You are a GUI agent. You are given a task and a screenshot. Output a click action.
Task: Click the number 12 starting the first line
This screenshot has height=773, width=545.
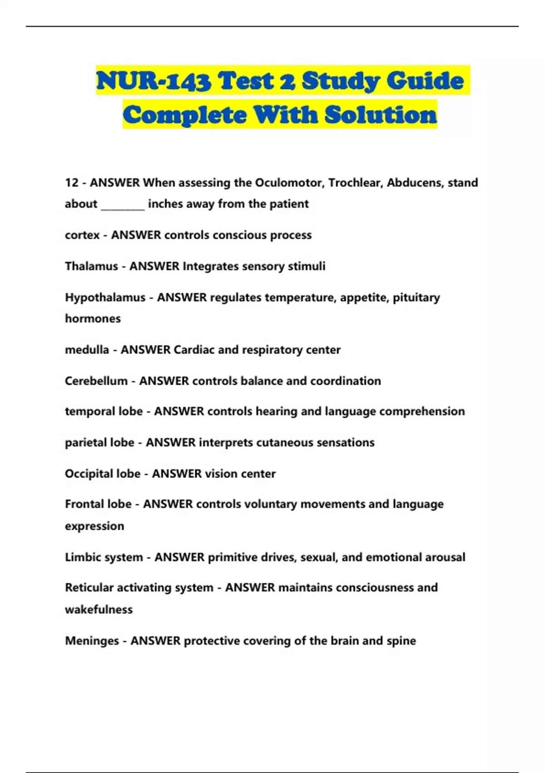coord(72,183)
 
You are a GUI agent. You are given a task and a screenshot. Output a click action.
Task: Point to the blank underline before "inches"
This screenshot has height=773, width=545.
coord(123,205)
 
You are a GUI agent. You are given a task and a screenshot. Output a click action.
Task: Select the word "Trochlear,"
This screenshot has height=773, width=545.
coord(356,183)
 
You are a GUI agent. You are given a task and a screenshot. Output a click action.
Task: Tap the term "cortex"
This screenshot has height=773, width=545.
coord(82,236)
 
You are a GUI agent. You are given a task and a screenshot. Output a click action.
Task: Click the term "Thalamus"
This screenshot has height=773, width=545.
coord(91,266)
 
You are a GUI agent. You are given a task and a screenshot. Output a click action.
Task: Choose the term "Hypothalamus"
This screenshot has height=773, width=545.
coord(105,297)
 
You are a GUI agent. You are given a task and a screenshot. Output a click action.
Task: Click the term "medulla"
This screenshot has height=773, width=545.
coord(87,350)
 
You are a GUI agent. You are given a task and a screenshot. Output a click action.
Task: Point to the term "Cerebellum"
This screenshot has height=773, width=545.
coord(96,381)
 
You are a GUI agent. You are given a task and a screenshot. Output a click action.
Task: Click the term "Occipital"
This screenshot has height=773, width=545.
coord(89,474)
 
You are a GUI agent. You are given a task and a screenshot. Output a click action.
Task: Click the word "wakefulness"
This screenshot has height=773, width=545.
coord(99,610)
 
